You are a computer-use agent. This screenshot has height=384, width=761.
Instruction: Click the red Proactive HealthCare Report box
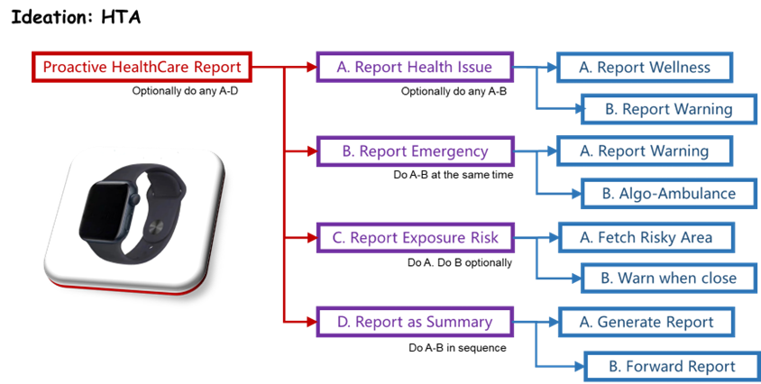[142, 68]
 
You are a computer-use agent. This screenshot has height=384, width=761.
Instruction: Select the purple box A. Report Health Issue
[414, 68]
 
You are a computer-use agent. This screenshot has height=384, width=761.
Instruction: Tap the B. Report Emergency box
[415, 151]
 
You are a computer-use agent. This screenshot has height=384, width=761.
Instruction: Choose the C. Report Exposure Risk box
[415, 238]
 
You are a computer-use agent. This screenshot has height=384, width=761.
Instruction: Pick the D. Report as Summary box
[415, 322]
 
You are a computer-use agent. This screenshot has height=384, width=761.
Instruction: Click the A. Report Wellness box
[645, 68]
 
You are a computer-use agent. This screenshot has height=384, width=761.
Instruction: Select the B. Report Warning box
[668, 110]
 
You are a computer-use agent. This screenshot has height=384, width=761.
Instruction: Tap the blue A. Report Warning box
[644, 151]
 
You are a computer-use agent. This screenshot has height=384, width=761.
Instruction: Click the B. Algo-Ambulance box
[668, 193]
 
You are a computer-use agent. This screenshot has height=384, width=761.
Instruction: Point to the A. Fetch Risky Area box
[646, 238]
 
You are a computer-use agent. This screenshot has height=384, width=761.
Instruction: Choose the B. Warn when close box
[668, 278]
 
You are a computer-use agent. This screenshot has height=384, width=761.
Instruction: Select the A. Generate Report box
[646, 322]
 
